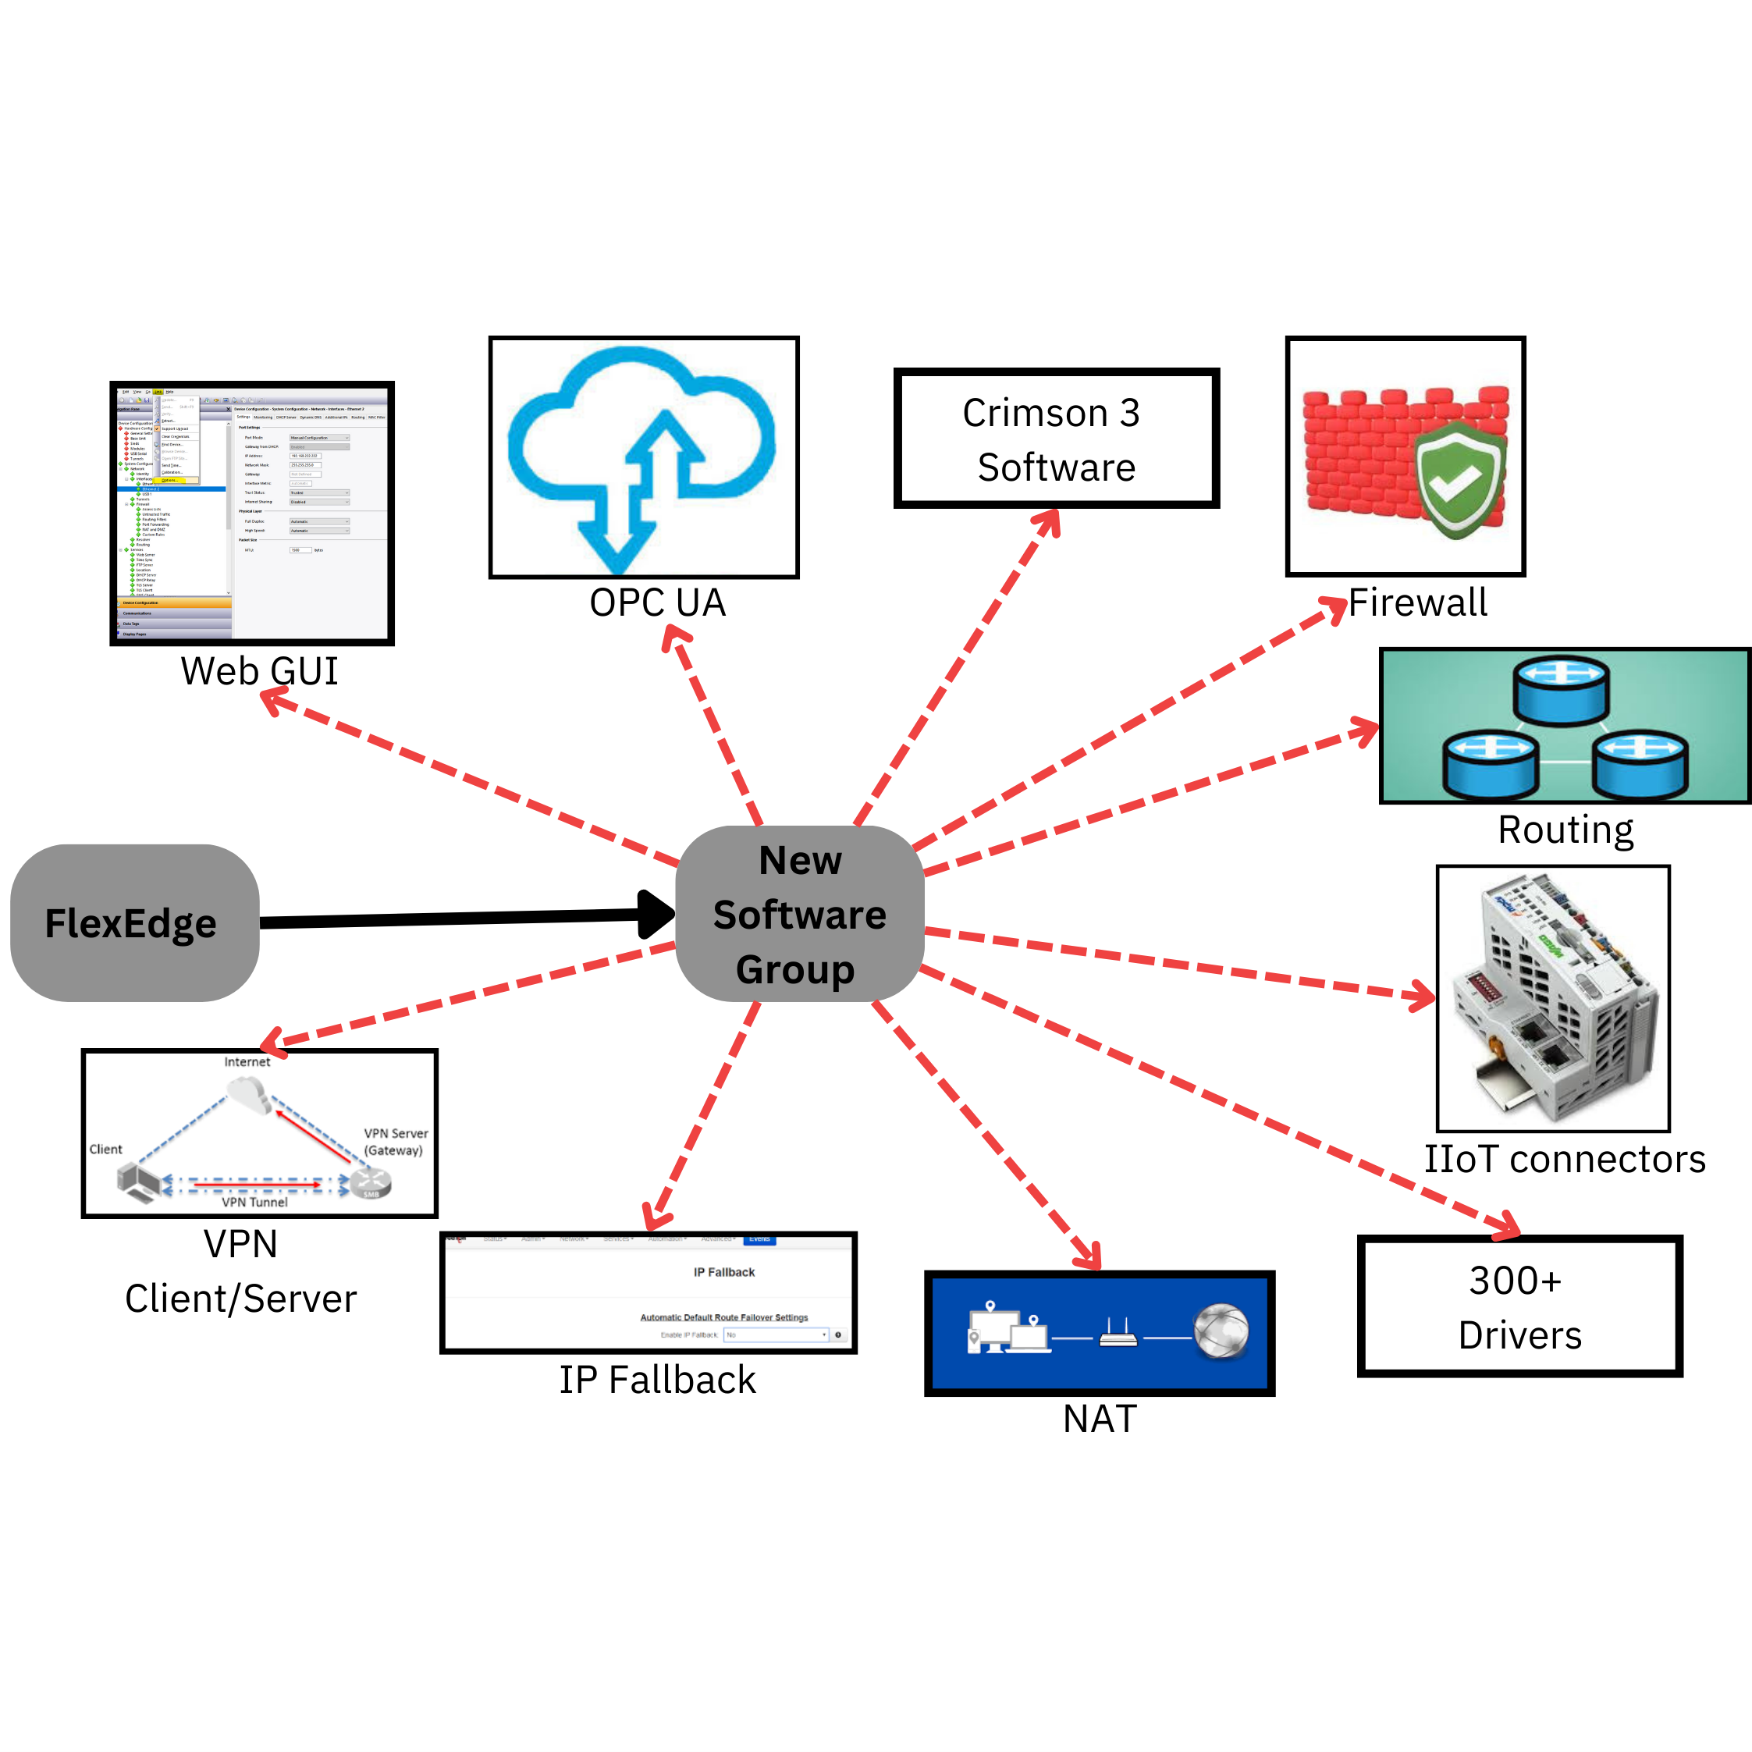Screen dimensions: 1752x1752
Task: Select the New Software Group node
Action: (x=800, y=914)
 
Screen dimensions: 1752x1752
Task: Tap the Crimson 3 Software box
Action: (x=1056, y=439)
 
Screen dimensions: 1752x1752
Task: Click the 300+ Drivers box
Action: (x=1520, y=1306)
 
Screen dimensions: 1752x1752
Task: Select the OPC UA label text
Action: (x=657, y=603)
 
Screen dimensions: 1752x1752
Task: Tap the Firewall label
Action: (x=1417, y=603)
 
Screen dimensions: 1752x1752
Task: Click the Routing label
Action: (x=1565, y=830)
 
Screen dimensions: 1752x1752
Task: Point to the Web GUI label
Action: (x=259, y=671)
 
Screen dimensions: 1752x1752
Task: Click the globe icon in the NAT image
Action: (x=1221, y=1331)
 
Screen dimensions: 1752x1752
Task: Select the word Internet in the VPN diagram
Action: (x=247, y=1062)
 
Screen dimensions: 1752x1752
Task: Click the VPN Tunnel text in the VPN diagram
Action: (x=255, y=1203)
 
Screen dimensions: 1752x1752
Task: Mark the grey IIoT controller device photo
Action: (x=1552, y=997)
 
